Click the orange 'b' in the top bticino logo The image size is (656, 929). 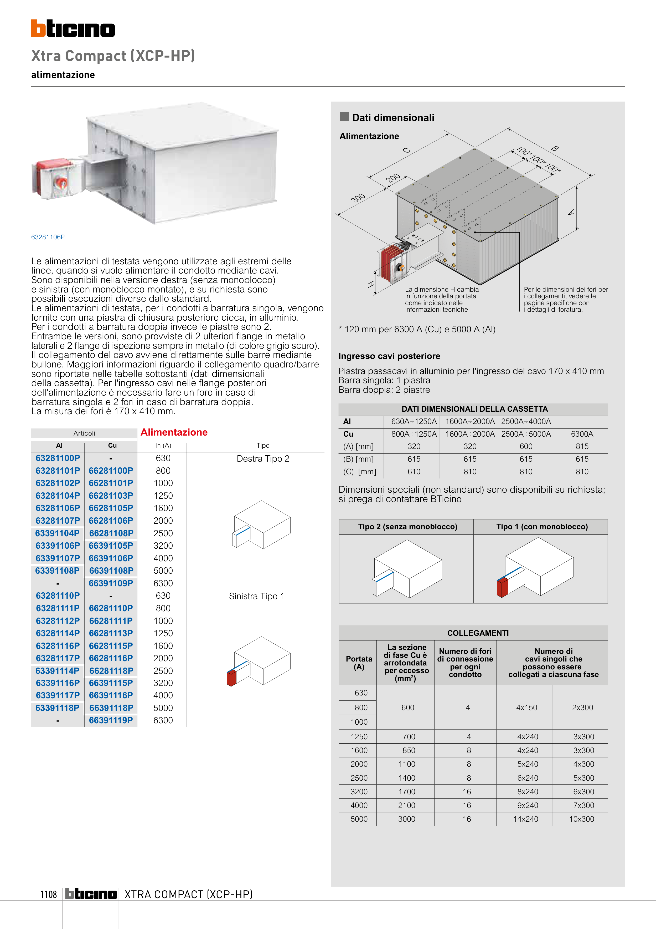tap(38, 28)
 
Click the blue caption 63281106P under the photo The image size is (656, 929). tap(48, 237)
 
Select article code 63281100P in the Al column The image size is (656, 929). tap(58, 458)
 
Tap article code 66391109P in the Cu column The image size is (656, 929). tap(111, 583)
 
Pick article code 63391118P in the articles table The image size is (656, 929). tap(57, 708)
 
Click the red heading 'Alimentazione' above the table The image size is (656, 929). tap(174, 432)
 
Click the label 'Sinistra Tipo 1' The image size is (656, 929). tap(257, 596)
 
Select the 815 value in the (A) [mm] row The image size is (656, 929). tap(582, 446)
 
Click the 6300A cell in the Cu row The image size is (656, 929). tap(582, 434)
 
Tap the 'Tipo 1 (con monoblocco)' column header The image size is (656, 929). tap(542, 526)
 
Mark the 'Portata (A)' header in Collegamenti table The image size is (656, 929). tap(359, 663)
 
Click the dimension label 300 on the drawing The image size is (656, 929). tap(358, 198)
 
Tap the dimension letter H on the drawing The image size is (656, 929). tap(371, 284)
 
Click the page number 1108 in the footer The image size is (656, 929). tap(49, 894)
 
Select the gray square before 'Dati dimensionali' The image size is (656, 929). tap(344, 117)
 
